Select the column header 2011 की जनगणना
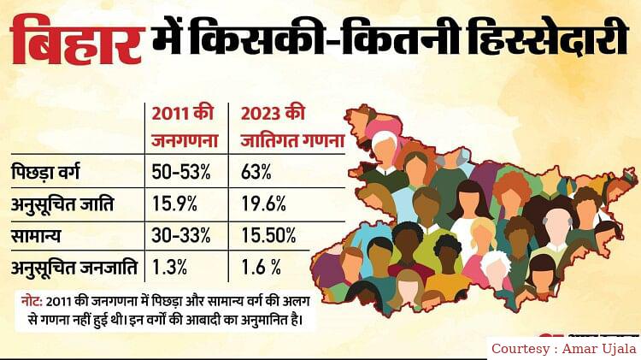(x=182, y=126)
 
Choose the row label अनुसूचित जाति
(x=68, y=206)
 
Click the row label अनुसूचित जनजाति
(x=75, y=266)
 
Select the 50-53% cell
(x=181, y=171)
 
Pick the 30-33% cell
(x=181, y=235)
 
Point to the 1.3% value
(x=168, y=266)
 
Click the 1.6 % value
(x=260, y=266)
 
